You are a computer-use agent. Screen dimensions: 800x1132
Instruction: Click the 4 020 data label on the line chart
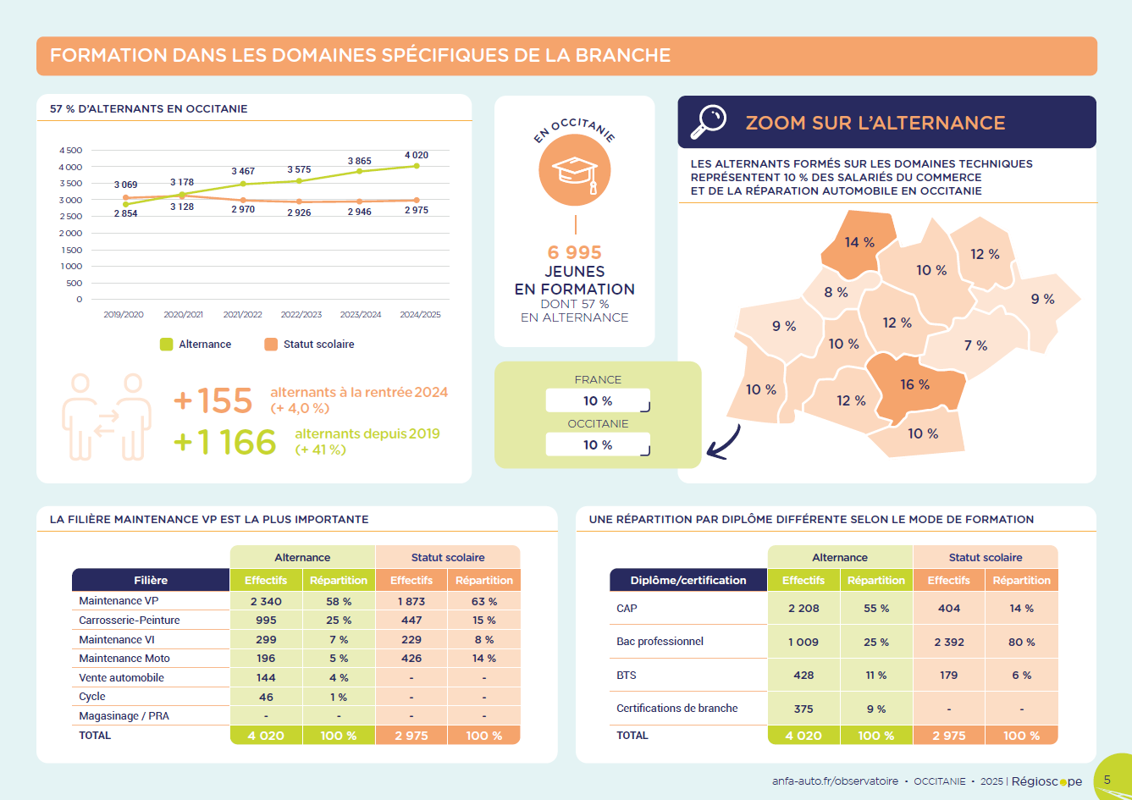416,155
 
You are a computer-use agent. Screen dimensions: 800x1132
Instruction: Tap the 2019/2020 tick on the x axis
124,314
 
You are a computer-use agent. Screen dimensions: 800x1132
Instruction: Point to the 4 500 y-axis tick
71,150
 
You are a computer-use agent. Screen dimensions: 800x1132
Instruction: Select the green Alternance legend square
166,345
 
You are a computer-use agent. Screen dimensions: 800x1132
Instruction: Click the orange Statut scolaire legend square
271,345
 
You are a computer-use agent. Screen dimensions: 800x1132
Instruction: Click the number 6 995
575,252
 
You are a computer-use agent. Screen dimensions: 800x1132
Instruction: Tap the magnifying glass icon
709,122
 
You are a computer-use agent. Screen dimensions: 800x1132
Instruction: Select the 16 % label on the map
914,384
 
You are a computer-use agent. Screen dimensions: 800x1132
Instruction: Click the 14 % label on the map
859,242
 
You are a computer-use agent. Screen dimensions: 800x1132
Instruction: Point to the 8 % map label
836,292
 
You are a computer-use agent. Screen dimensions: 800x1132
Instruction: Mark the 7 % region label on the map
975,345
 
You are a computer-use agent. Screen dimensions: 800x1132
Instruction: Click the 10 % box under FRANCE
598,400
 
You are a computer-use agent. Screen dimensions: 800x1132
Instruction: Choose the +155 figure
213,400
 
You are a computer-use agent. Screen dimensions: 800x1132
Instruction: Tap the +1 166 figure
224,442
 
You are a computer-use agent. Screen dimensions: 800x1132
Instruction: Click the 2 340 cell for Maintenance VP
266,601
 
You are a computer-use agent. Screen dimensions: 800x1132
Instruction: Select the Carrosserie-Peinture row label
130,620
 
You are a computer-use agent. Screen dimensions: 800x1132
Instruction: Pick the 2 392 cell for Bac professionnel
949,642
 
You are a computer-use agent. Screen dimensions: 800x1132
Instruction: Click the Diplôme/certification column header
688,580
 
